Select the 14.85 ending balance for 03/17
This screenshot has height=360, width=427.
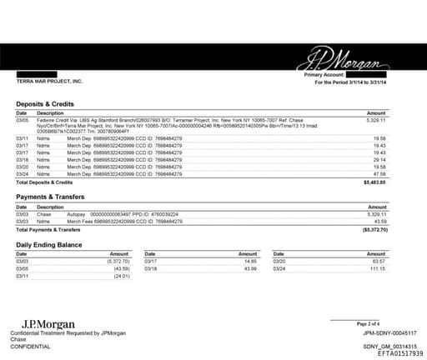pos(249,261)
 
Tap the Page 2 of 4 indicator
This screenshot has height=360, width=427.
pos(368,322)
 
